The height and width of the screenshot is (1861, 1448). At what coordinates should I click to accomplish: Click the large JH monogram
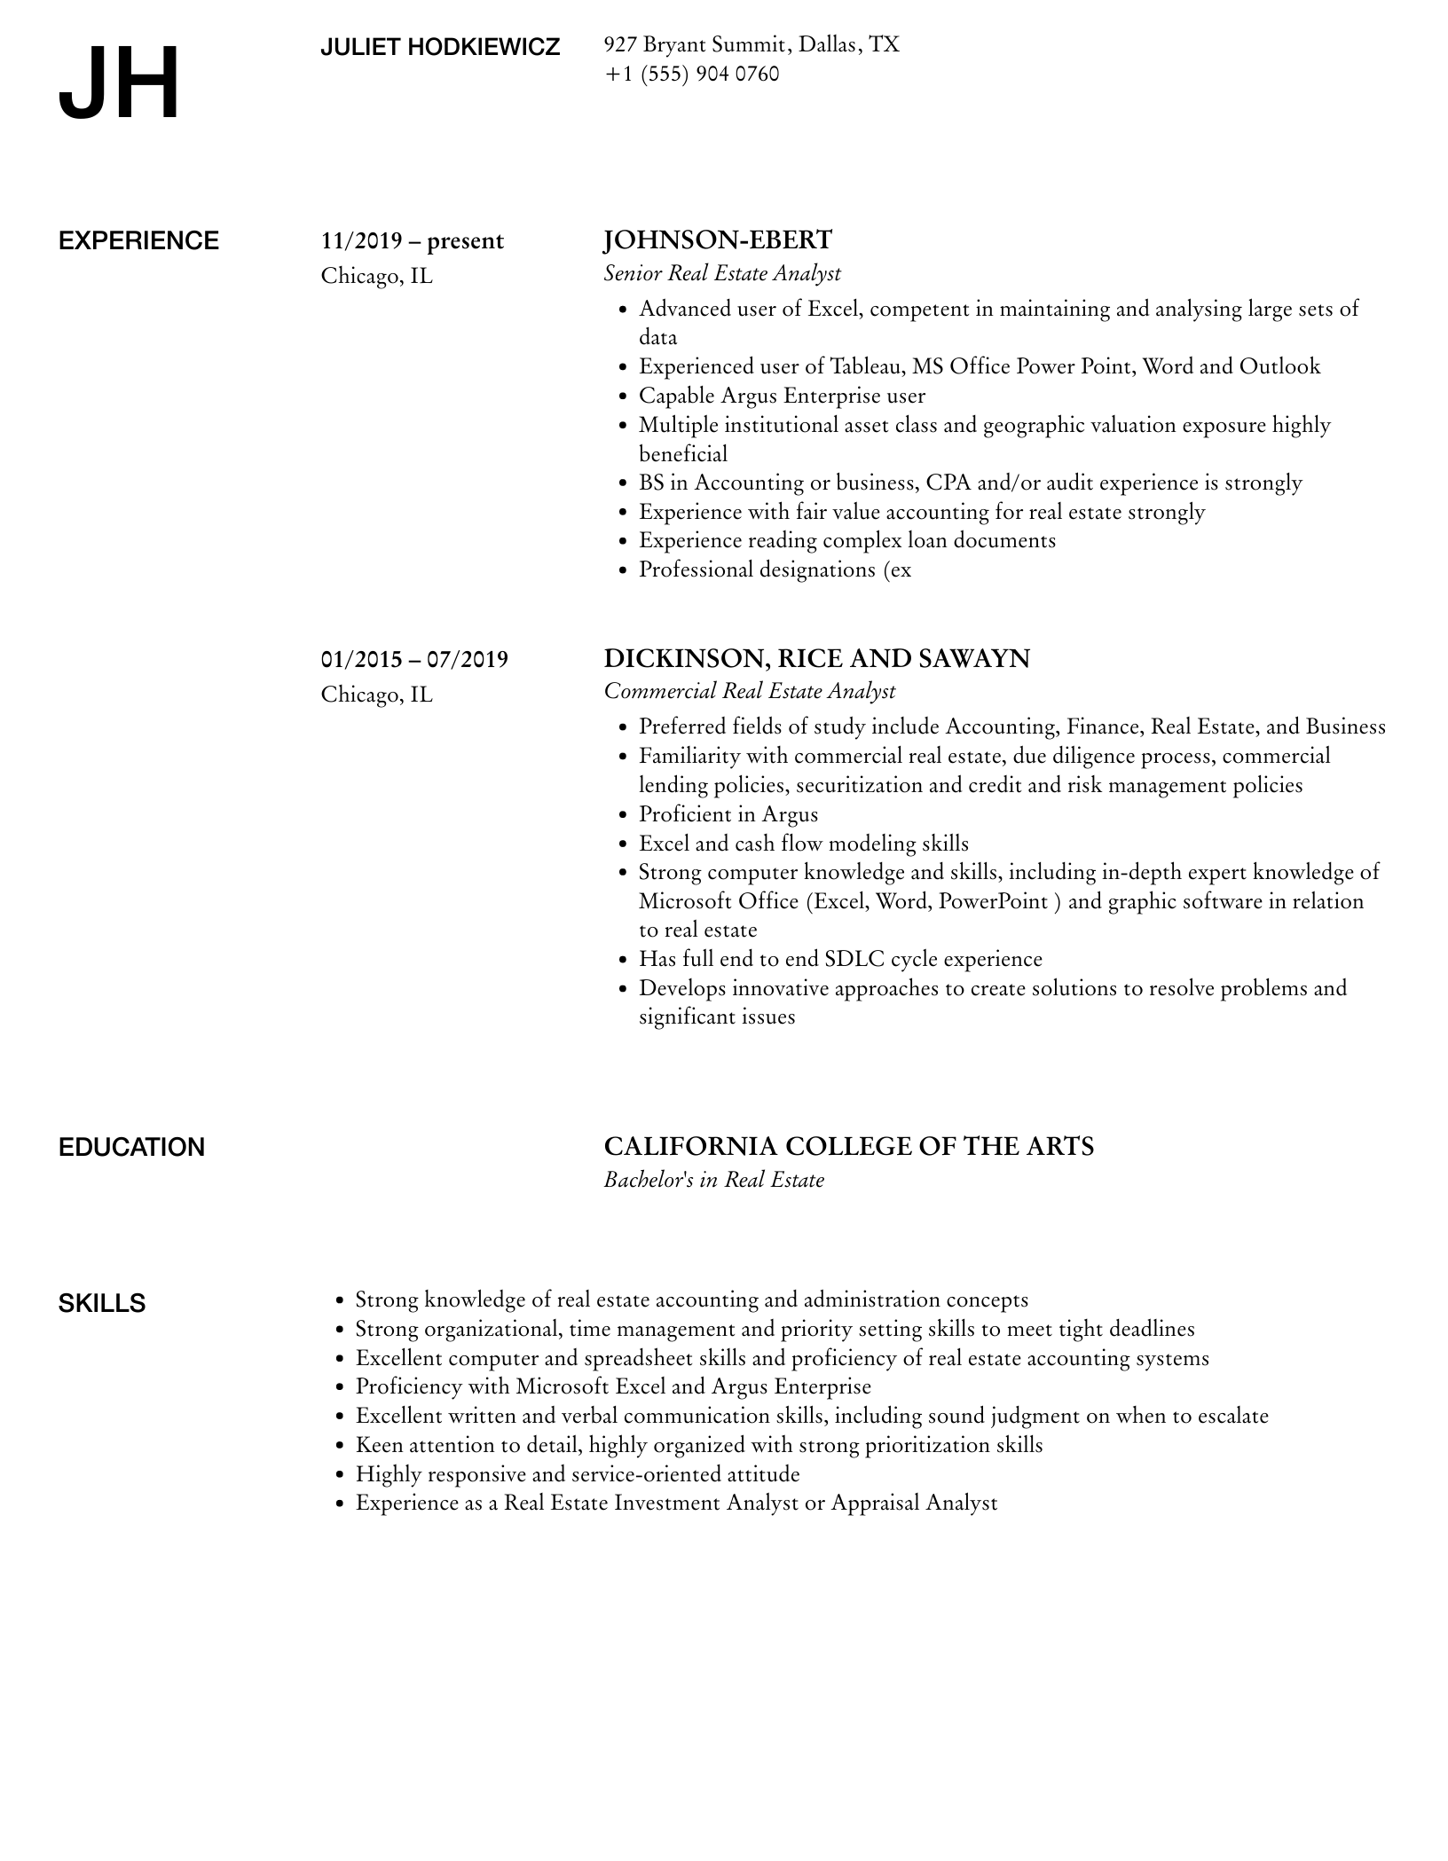[119, 84]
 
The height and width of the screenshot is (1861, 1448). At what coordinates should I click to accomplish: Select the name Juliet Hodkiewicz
[440, 48]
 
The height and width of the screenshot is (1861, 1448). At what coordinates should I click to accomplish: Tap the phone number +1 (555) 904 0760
[691, 75]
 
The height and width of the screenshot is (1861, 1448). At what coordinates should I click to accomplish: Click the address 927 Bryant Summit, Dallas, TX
[751, 44]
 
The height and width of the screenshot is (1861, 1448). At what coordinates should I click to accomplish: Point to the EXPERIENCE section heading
[138, 241]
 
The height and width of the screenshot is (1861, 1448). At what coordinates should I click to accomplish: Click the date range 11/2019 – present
[412, 241]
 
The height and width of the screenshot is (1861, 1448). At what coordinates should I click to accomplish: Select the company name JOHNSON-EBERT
[718, 240]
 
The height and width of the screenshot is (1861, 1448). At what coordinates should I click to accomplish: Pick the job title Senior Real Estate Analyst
[721, 273]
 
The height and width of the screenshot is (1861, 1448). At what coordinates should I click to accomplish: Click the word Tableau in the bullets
[864, 366]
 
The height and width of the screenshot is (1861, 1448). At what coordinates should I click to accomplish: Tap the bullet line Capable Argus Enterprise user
[782, 396]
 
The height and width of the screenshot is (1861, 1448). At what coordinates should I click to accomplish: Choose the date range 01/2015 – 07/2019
[414, 659]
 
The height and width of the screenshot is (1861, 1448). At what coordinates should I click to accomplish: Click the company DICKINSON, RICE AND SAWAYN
[816, 658]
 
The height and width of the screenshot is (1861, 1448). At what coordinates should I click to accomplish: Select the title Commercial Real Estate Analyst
[749, 691]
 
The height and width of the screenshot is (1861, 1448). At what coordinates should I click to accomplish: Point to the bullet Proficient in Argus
[728, 814]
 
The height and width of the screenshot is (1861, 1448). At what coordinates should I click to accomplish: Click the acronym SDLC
[854, 959]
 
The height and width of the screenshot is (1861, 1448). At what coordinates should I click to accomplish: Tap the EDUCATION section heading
[131, 1148]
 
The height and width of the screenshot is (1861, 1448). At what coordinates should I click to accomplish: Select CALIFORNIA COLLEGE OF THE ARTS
[848, 1147]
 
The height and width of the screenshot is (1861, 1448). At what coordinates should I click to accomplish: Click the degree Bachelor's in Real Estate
[713, 1180]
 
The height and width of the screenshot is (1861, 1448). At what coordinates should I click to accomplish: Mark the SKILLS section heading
[102, 1304]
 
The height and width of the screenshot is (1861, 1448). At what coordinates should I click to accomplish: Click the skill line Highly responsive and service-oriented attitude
[578, 1474]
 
